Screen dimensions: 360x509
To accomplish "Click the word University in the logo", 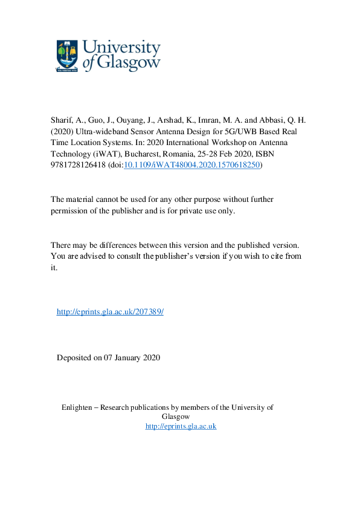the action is tap(120, 47).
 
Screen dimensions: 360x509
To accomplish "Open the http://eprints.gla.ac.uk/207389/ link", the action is tap(110, 312).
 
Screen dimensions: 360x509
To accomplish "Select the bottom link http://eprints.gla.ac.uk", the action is tap(181, 426).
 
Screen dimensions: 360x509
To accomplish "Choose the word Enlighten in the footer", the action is tap(79, 407).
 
